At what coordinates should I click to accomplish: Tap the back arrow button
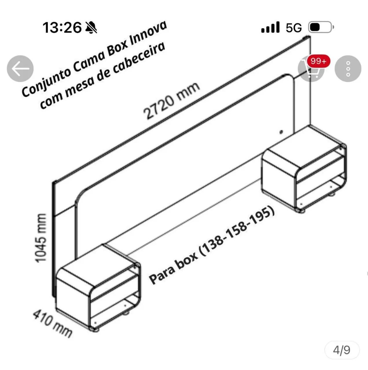[20, 69]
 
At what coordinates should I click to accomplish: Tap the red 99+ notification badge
[319, 61]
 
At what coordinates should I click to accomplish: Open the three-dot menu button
[348, 69]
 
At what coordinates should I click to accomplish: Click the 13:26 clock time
[62, 27]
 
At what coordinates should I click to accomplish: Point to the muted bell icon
[91, 27]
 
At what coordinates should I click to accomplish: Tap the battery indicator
[321, 27]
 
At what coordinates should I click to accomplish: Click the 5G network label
[294, 27]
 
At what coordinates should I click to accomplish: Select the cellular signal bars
[270, 27]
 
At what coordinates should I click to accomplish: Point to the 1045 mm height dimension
[41, 238]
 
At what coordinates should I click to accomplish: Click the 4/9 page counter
[342, 350]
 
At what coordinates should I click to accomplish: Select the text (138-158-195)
[237, 231]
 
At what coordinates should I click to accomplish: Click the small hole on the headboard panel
[281, 132]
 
